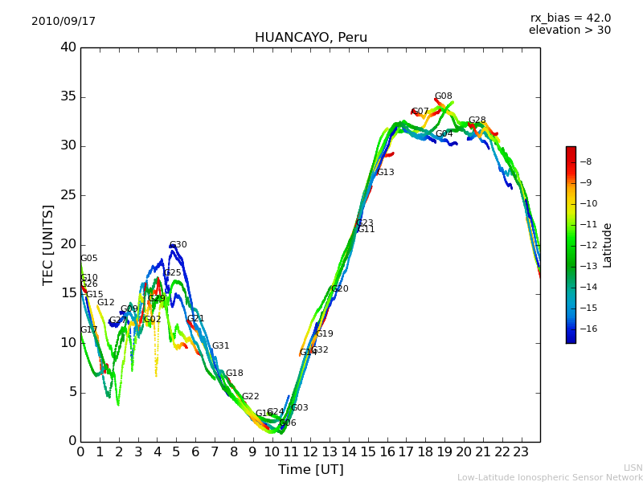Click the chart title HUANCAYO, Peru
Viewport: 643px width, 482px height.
point(310,38)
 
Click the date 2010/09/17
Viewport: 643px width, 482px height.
point(63,21)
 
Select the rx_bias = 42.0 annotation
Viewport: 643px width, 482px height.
point(570,18)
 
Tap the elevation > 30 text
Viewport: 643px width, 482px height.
point(569,31)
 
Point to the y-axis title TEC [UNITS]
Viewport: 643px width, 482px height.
point(49,244)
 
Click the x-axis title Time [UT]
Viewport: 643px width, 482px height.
point(310,469)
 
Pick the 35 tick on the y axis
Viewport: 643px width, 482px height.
point(68,97)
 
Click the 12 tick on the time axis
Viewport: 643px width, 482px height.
point(310,451)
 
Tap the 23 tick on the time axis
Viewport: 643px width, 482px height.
point(521,451)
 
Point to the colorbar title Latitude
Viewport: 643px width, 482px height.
point(608,245)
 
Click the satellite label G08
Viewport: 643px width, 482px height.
point(443,96)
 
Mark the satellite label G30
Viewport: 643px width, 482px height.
point(178,245)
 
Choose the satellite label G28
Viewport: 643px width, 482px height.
point(477,120)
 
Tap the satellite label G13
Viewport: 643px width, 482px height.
point(385,173)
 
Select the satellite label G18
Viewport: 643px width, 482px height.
point(234,374)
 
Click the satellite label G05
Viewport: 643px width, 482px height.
point(88,259)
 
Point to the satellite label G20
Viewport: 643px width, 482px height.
point(339,289)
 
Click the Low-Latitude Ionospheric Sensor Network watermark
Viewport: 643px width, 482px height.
point(550,477)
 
